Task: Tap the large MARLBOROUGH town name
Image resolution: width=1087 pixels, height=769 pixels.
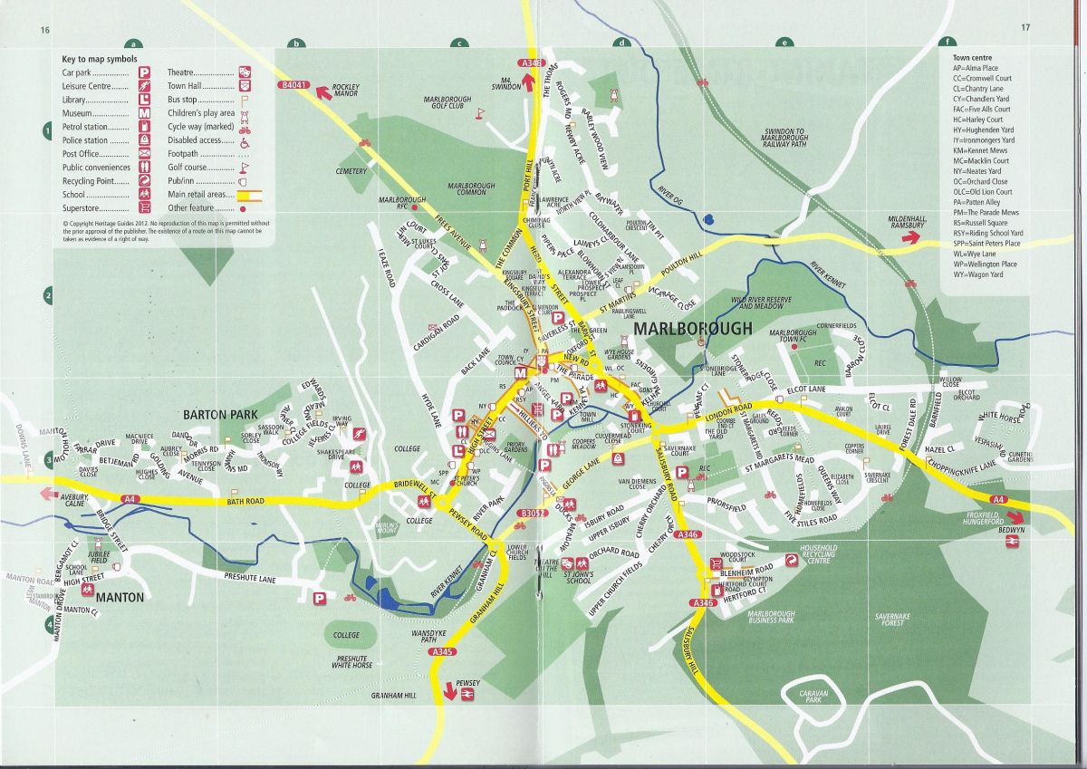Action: tap(693, 329)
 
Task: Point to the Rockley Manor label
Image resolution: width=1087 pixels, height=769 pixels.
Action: tap(346, 90)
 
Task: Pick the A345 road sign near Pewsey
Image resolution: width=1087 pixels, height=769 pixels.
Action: tap(442, 653)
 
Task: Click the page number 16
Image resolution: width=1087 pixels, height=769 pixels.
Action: tap(44, 28)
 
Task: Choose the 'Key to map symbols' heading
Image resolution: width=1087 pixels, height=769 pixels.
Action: tap(100, 58)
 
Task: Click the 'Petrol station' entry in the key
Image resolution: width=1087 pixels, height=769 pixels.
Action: tap(86, 128)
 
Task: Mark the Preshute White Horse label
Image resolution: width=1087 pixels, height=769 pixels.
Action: tap(351, 661)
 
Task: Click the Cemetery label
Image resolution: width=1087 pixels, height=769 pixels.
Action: tap(351, 171)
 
